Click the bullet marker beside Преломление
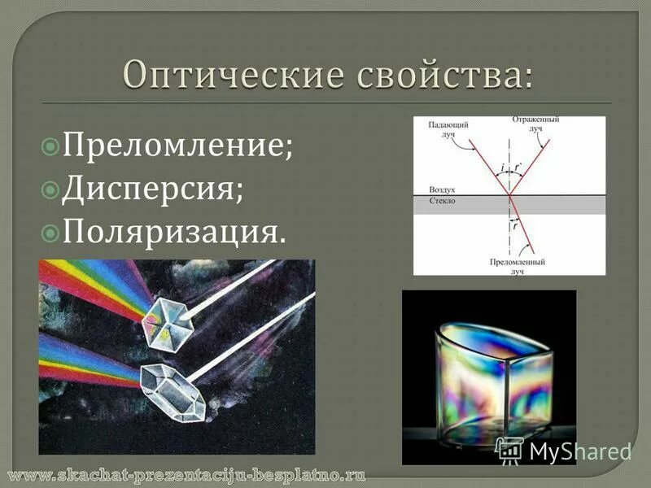click(x=50, y=148)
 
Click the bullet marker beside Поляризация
click(x=50, y=233)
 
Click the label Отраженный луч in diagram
click(x=535, y=124)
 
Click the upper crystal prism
click(x=167, y=322)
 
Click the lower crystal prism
click(x=172, y=392)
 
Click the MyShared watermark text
click(x=580, y=451)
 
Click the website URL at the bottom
click(x=187, y=473)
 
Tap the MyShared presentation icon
click(x=510, y=451)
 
